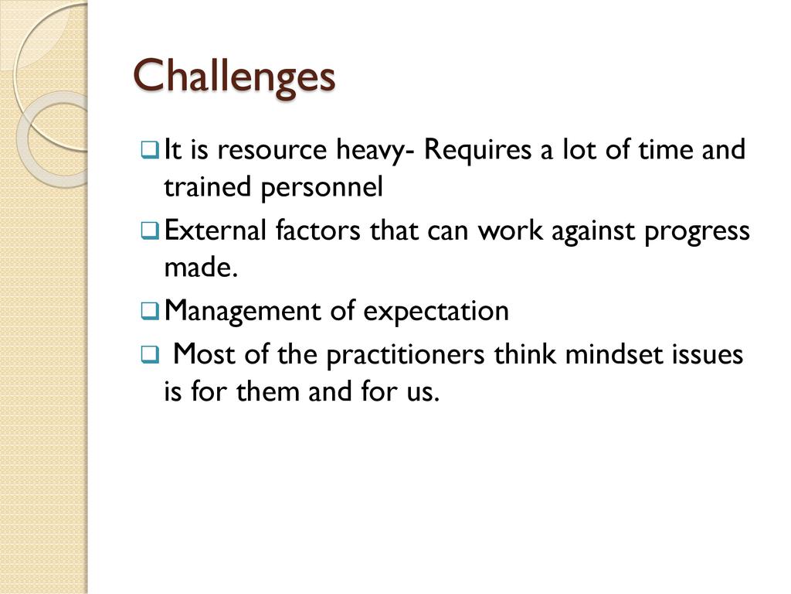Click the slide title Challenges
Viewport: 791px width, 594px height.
pos(234,77)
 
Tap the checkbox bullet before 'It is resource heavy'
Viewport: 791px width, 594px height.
pos(151,150)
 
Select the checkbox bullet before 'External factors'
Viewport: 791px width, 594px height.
pos(151,230)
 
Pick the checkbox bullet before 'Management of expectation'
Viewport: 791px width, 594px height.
pos(151,311)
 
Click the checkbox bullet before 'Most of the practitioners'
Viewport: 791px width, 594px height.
pos(151,354)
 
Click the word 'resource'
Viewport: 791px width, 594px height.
pos(272,151)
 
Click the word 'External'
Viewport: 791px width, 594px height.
pos(216,230)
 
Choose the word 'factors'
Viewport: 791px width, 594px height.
pos(317,230)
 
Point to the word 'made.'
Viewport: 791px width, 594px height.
pos(201,267)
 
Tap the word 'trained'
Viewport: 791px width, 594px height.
pos(207,187)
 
